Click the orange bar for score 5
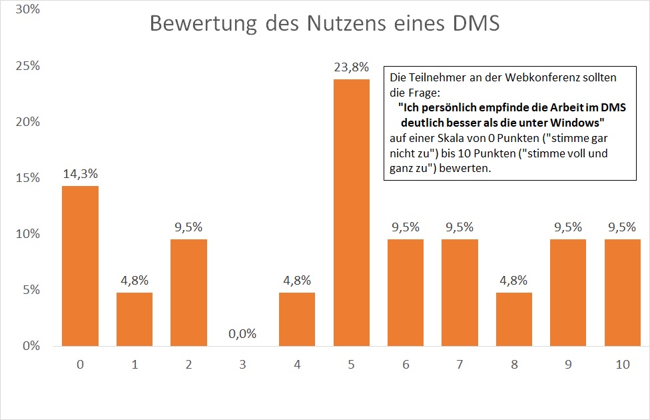tap(351, 213)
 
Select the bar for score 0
tap(80, 266)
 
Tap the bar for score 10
tap(622, 293)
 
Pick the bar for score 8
tap(514, 319)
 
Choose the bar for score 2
tap(188, 293)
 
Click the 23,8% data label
tap(351, 67)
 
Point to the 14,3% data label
tap(80, 174)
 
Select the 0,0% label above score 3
tap(242, 334)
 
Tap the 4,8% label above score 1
tap(135, 281)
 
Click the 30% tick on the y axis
tap(28, 11)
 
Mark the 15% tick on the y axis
tap(28, 179)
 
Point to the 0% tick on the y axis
tap(31, 346)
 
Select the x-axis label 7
tap(460, 365)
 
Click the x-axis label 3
tap(242, 365)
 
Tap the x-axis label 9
tap(568, 365)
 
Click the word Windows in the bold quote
tap(572, 123)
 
